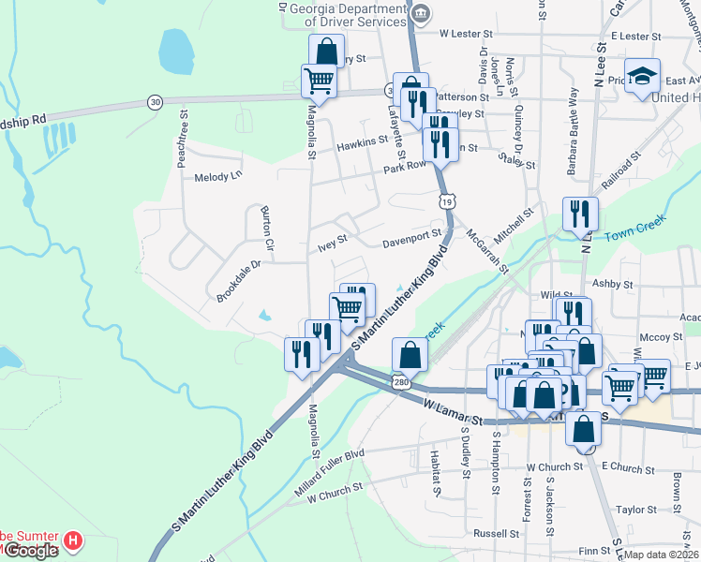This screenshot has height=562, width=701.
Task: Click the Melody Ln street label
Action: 217,175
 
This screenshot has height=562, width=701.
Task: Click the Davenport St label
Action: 411,240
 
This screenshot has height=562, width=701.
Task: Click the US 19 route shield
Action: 448,200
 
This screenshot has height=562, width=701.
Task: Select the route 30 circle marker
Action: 155,101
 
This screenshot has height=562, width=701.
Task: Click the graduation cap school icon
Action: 642,75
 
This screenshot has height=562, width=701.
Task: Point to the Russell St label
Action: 496,534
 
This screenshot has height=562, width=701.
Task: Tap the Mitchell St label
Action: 513,227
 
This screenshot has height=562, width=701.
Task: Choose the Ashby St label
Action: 613,282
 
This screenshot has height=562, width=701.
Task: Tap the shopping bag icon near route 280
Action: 410,355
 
